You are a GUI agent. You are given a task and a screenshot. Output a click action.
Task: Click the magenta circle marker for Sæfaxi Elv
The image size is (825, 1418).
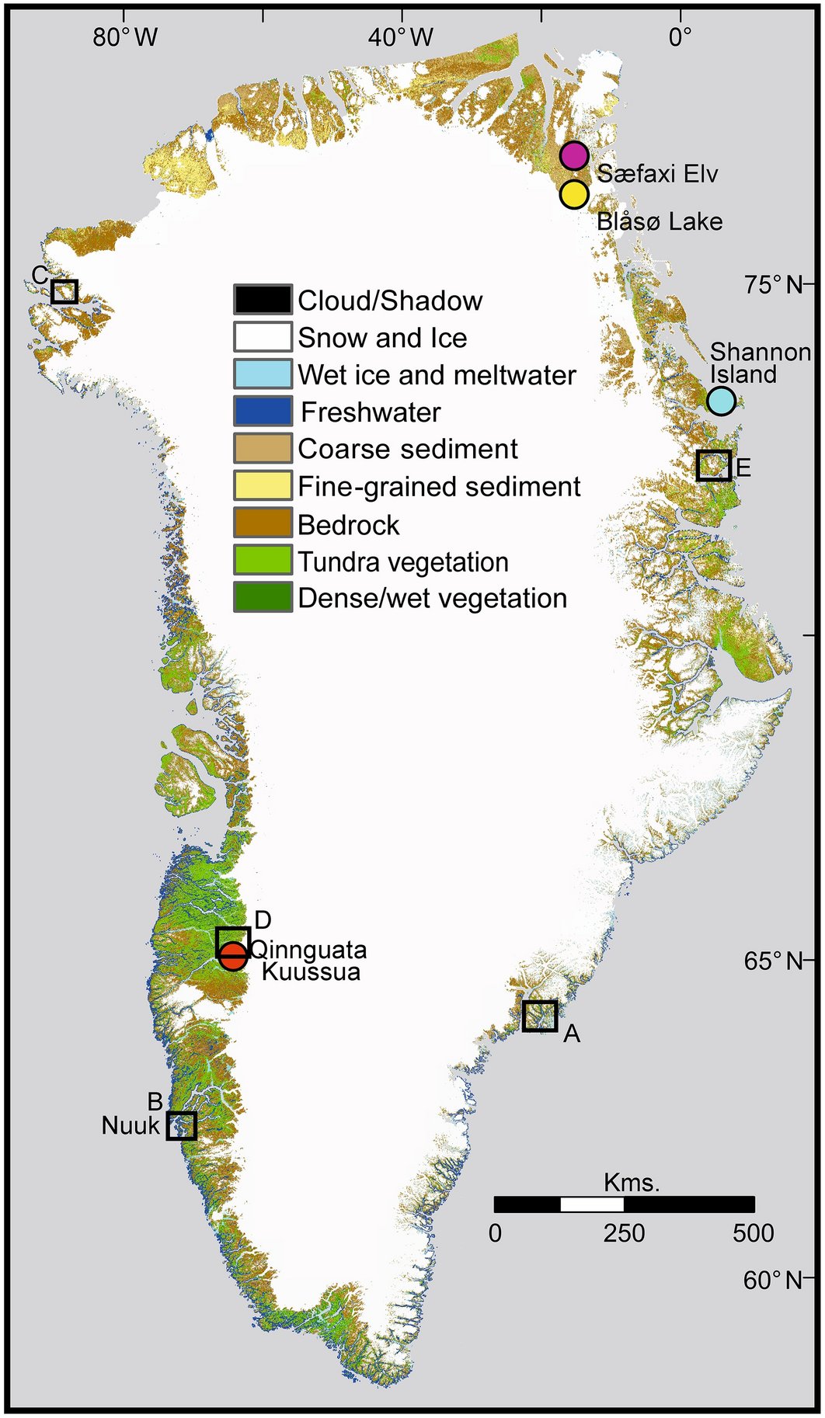pyautogui.click(x=574, y=156)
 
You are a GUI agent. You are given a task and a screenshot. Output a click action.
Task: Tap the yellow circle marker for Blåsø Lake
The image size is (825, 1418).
pyautogui.click(x=574, y=194)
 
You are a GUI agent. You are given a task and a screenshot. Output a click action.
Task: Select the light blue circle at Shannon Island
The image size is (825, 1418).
pyautogui.click(x=721, y=401)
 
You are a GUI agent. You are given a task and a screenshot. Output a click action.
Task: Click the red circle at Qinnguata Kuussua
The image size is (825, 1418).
pyautogui.click(x=233, y=957)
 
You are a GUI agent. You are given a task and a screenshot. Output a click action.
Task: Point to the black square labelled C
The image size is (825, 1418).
pyautogui.click(x=64, y=291)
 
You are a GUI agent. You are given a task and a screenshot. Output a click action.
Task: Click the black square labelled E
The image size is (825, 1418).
pyautogui.click(x=713, y=465)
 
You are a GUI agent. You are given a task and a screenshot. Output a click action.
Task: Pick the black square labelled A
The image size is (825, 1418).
pyautogui.click(x=540, y=1016)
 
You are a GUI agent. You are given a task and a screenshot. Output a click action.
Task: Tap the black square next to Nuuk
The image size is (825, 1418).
pyautogui.click(x=181, y=1125)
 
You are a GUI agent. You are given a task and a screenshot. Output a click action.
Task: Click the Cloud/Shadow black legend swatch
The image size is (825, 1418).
pyautogui.click(x=263, y=300)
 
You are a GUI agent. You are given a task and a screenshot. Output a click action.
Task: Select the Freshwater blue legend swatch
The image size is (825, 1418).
pyautogui.click(x=263, y=412)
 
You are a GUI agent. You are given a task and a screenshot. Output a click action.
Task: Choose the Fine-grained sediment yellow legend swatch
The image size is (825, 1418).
pyautogui.click(x=263, y=486)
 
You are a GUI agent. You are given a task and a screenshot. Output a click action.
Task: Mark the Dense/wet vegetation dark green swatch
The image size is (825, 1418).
pyautogui.click(x=263, y=598)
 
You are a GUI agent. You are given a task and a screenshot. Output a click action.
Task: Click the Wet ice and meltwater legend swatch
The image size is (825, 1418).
pyautogui.click(x=263, y=374)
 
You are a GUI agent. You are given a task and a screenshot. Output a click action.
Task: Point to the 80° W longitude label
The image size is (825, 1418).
pyautogui.click(x=125, y=36)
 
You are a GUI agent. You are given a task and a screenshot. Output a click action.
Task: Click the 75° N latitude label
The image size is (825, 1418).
pyautogui.click(x=772, y=285)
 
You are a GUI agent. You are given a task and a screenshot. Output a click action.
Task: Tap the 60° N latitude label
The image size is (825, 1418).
pyautogui.click(x=772, y=1280)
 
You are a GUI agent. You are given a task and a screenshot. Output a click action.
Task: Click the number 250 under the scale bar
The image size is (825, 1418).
pyautogui.click(x=624, y=1233)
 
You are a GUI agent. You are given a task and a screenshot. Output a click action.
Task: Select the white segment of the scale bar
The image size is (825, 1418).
pyautogui.click(x=592, y=1204)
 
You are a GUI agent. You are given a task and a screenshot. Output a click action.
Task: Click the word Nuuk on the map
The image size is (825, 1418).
pyautogui.click(x=131, y=1125)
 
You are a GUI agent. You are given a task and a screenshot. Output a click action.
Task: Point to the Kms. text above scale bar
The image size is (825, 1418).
pyautogui.click(x=631, y=1183)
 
